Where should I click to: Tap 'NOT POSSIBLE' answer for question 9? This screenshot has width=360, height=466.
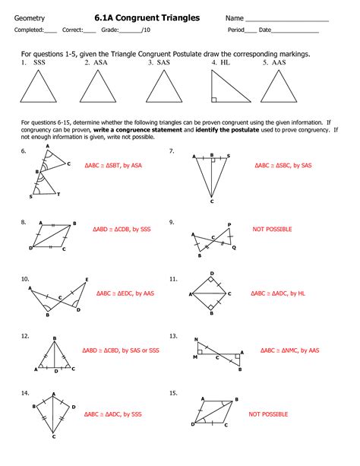click(272, 228)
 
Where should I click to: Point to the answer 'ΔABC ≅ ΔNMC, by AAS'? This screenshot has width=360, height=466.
click(289, 352)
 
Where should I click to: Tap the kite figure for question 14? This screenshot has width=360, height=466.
click(53, 414)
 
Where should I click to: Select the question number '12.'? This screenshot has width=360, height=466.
click(25, 335)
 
